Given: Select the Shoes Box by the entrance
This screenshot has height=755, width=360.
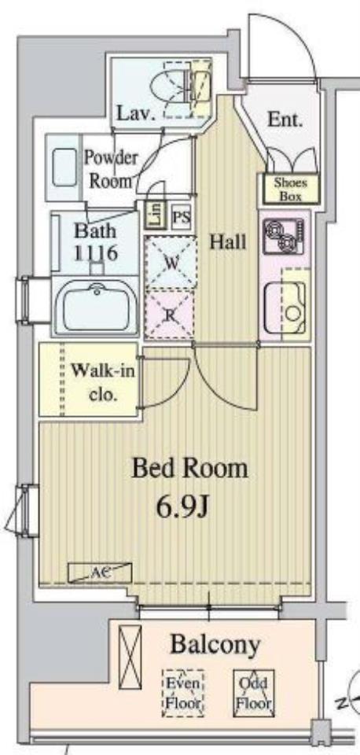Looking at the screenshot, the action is click(x=290, y=188).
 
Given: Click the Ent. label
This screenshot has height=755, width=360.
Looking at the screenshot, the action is click(x=285, y=119).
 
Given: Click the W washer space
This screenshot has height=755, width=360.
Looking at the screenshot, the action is click(x=171, y=263).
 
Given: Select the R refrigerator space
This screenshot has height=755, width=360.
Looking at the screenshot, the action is click(x=170, y=315).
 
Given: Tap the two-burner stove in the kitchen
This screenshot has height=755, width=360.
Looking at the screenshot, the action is click(x=284, y=236).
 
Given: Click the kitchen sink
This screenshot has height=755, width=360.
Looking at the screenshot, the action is click(x=285, y=308).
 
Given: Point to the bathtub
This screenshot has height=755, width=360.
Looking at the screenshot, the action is click(x=96, y=307).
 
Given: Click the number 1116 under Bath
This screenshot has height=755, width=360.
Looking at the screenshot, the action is click(x=95, y=252).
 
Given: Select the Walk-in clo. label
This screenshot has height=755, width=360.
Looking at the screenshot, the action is click(x=103, y=382).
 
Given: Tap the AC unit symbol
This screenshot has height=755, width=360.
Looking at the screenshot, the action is click(x=100, y=573).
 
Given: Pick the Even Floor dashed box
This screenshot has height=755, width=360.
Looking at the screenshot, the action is click(x=183, y=693).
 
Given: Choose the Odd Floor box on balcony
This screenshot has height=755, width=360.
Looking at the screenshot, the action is click(x=254, y=693).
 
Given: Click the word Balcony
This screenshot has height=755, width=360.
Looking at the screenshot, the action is click(x=215, y=644).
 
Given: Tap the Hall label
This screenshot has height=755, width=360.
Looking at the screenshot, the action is click(x=228, y=242).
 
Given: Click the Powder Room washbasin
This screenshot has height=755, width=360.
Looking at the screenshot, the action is click(x=64, y=167).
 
